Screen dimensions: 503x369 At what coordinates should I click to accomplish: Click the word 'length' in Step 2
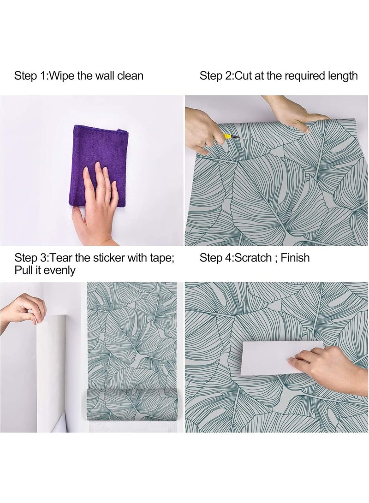pos(341,76)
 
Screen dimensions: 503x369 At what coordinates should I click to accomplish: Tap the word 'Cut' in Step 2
pos(244,76)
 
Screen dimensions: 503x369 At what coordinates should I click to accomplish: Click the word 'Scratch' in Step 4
pos(253,257)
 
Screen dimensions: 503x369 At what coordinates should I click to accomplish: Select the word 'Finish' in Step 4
pos(295,257)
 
